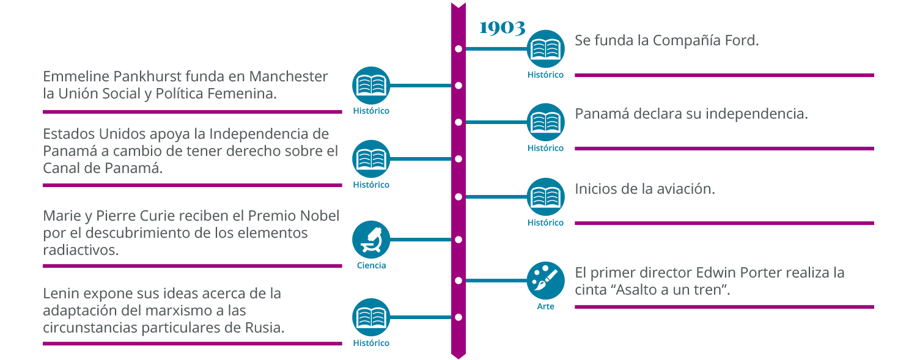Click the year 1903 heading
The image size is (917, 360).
[502, 28]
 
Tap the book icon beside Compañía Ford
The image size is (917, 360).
[545, 48]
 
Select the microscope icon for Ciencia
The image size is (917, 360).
[371, 240]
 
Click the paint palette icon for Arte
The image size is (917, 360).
[545, 281]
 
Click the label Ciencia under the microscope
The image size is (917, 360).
[371, 266]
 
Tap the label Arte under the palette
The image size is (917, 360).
[545, 306]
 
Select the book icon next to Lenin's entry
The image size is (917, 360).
[371, 317]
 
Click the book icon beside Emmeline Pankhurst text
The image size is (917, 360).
[371, 86]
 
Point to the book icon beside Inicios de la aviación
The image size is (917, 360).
[545, 197]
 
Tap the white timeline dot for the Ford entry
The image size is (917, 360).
[458, 48]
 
